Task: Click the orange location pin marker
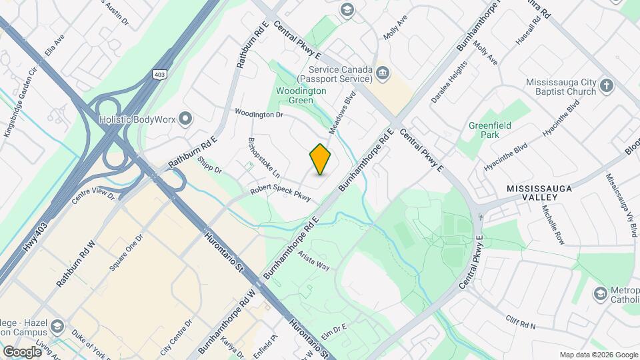click(x=321, y=159)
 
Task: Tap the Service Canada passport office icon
click(x=382, y=72)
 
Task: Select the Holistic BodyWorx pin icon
click(x=185, y=119)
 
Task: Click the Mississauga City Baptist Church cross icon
click(x=606, y=85)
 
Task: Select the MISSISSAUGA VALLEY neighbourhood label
click(x=540, y=189)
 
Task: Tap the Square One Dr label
click(x=125, y=254)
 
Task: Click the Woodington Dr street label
click(x=259, y=115)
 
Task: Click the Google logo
click(x=22, y=351)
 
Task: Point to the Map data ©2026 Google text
click(x=597, y=355)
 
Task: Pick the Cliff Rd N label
click(x=520, y=322)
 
